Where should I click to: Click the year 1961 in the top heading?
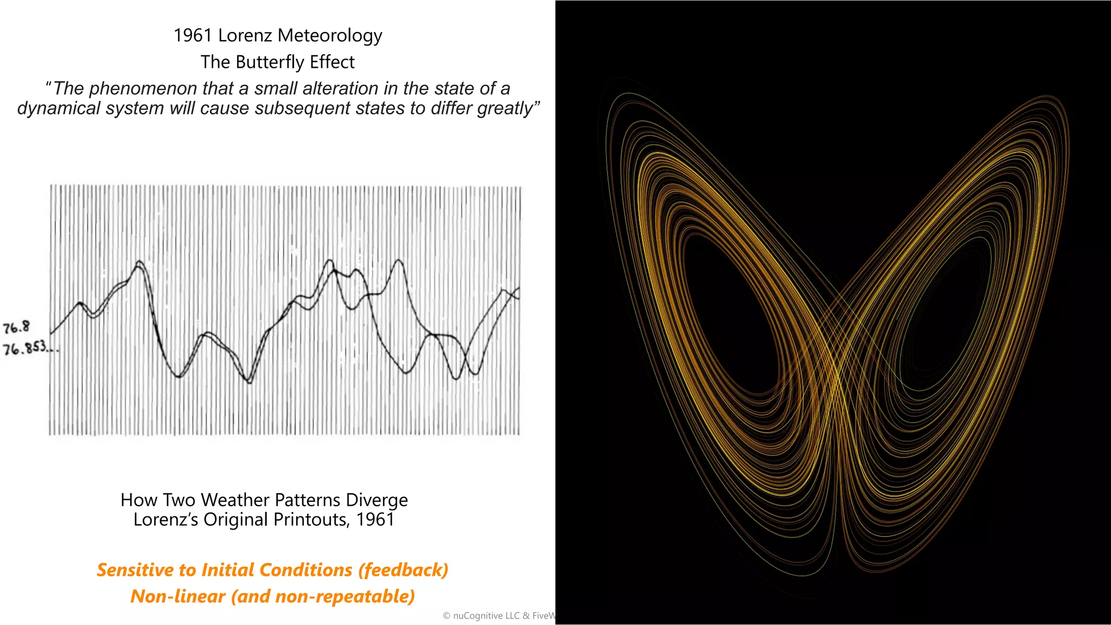[193, 35]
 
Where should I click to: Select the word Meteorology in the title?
[330, 35]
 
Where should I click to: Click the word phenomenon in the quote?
[143, 88]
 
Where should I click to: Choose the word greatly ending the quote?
[507, 108]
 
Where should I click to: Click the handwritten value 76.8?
[16, 327]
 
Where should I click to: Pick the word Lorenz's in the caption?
[166, 519]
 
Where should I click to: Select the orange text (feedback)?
[403, 570]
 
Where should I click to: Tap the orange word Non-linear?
[177, 596]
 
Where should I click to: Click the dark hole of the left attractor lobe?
[727, 315]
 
